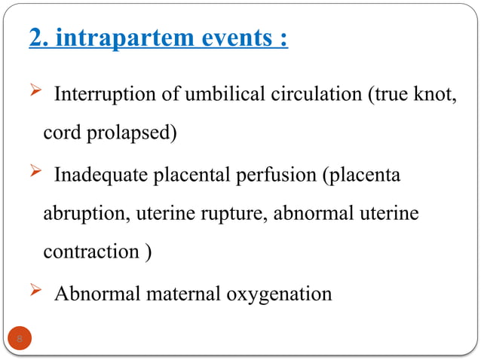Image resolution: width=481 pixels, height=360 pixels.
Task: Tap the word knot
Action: pyautogui.click(x=435, y=96)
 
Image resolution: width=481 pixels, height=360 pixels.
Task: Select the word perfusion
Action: pyautogui.click(x=280, y=175)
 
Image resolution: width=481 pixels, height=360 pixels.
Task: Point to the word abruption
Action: pyautogui.click(x=85, y=213)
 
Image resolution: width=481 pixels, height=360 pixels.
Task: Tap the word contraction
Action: pyautogui.click(x=90, y=252)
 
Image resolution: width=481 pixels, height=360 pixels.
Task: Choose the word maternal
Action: pyautogui.click(x=185, y=292)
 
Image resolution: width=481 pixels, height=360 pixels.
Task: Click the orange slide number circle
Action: pyautogui.click(x=21, y=338)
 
